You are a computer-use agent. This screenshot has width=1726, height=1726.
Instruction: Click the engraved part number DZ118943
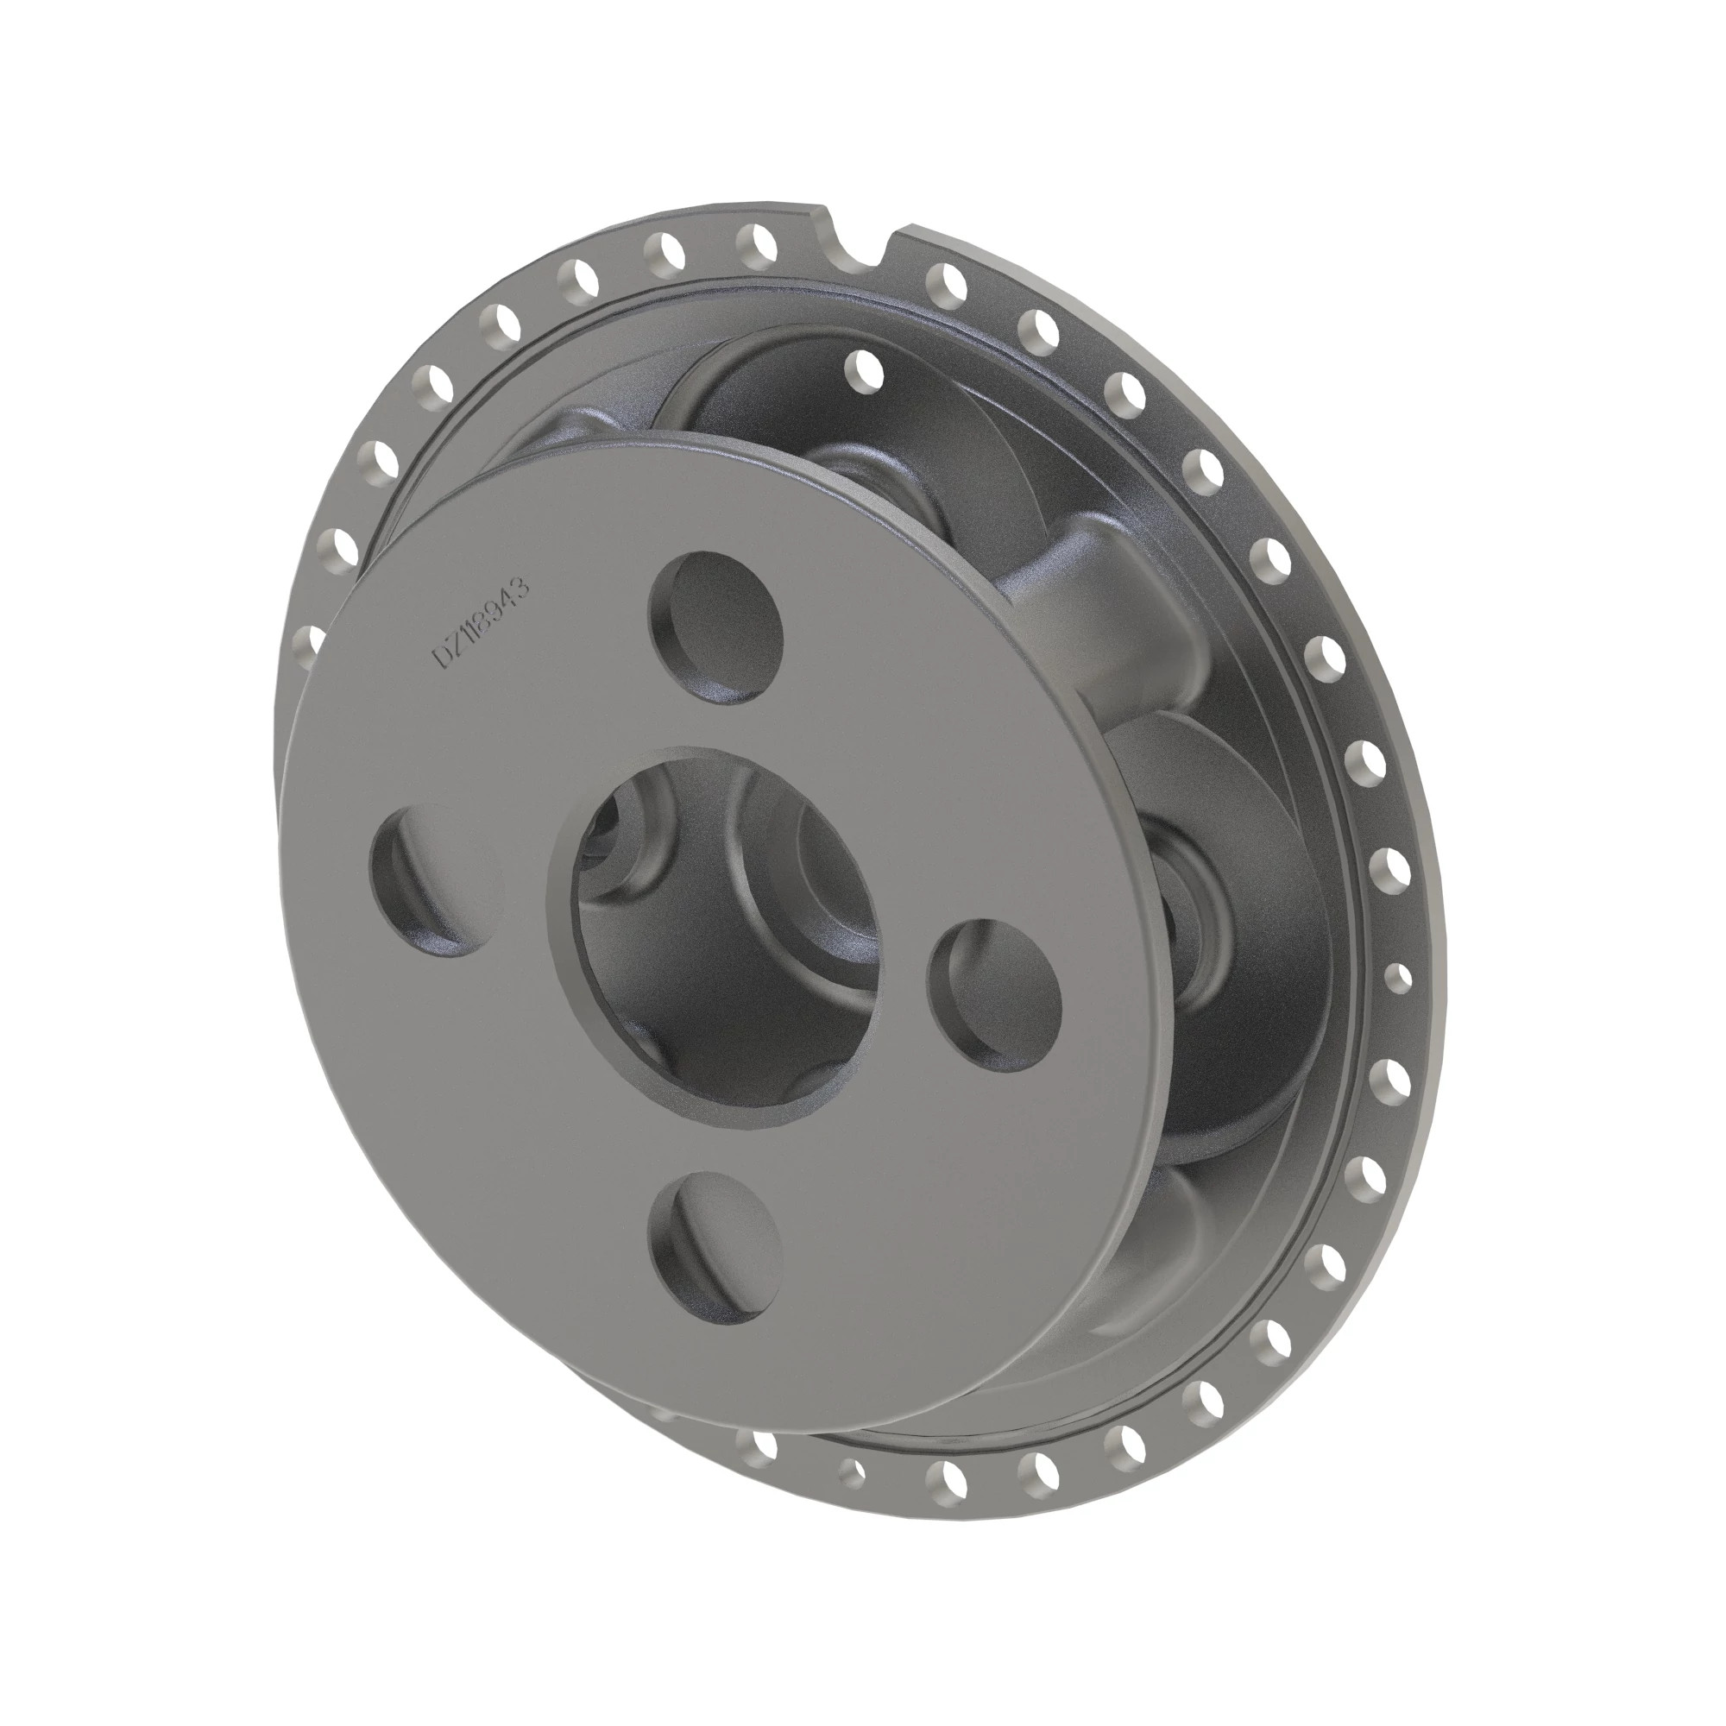(x=482, y=623)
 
